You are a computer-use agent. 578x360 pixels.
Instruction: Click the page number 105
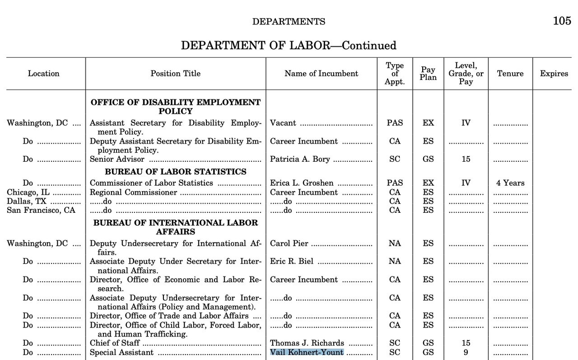(x=562, y=21)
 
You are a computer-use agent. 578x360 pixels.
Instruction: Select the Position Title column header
(x=176, y=74)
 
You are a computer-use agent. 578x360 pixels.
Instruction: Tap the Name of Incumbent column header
(x=321, y=74)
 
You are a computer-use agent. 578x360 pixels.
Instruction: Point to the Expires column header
(x=554, y=74)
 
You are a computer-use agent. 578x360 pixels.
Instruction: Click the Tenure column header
(x=510, y=74)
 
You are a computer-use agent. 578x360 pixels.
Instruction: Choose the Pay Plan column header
(x=428, y=74)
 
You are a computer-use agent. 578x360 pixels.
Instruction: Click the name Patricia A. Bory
(x=300, y=159)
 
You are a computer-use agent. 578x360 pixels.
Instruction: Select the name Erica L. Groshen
(x=302, y=183)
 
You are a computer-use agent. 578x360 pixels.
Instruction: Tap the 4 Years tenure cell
(x=510, y=183)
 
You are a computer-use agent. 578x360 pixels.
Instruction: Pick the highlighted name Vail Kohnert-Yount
(x=307, y=352)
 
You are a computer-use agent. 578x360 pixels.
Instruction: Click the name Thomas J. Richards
(x=307, y=343)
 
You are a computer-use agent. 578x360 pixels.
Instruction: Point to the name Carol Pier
(x=289, y=243)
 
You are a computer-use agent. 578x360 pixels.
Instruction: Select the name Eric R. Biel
(x=292, y=262)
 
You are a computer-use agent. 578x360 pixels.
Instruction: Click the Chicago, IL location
(x=28, y=192)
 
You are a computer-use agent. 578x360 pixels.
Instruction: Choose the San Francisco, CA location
(x=41, y=210)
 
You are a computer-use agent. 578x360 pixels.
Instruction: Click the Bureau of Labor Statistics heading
(x=176, y=172)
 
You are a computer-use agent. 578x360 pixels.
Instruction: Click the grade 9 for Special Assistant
(x=466, y=352)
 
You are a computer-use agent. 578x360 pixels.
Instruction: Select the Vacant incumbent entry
(x=283, y=123)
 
